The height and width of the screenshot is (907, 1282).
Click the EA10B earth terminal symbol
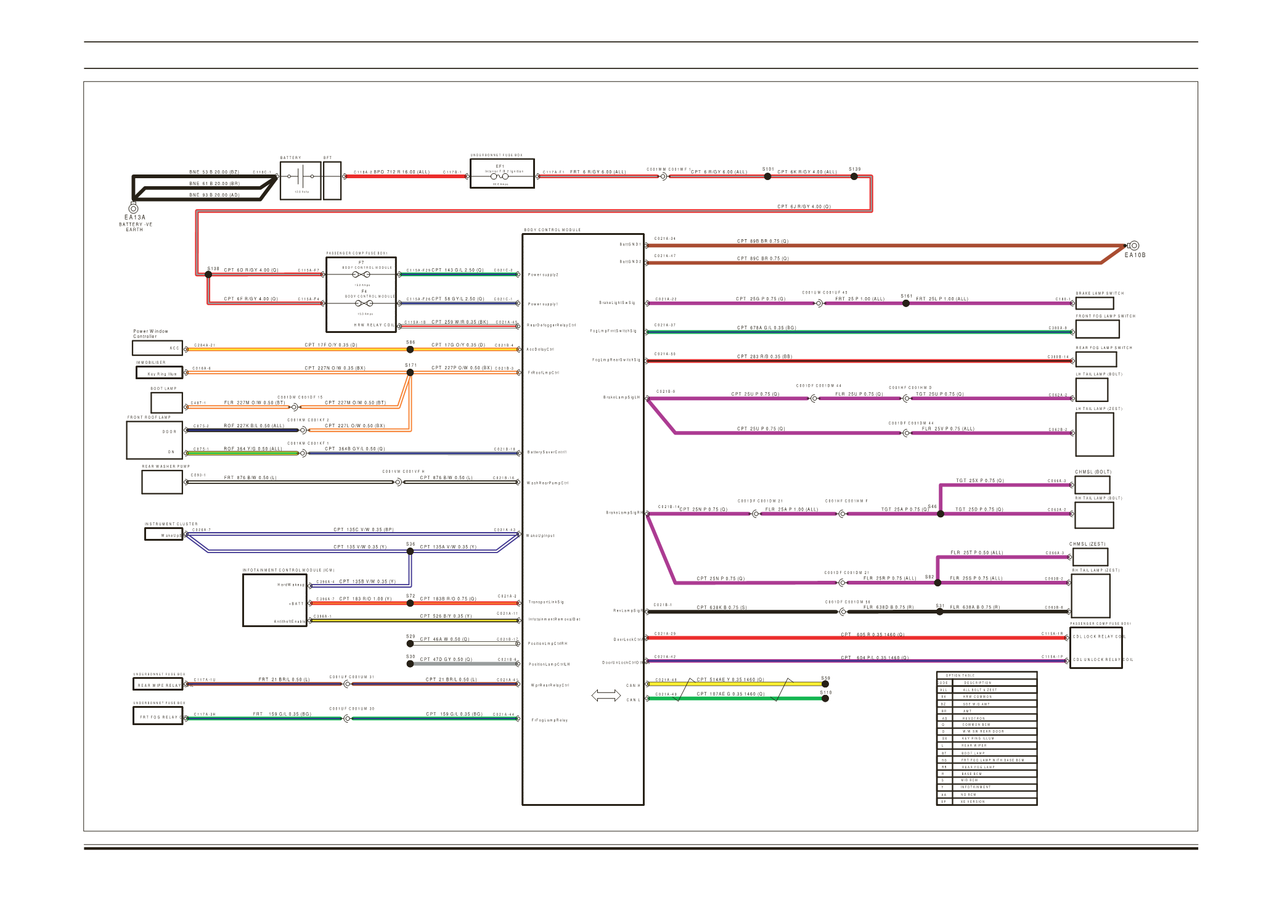1134,245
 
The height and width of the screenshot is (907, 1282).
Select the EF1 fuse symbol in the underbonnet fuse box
500,176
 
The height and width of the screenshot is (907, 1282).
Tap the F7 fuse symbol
361,274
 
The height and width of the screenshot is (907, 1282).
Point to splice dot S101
767,176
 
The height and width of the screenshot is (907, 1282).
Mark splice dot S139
854,176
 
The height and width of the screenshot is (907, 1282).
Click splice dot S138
208,274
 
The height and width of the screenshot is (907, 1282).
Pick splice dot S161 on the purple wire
905,303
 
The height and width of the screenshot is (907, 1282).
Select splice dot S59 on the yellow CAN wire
825,684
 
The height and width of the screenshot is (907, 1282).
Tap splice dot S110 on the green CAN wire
825,699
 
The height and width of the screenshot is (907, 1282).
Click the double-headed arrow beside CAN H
606,696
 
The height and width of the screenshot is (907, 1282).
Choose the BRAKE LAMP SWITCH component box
1095,303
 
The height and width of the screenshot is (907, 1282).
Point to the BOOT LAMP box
166,403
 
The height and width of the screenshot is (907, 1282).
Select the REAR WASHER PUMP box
162,482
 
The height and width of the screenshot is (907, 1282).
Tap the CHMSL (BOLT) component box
1092,485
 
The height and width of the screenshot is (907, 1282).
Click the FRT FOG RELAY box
158,716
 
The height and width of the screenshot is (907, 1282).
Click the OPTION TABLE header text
960,675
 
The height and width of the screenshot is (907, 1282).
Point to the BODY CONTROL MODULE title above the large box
552,230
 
